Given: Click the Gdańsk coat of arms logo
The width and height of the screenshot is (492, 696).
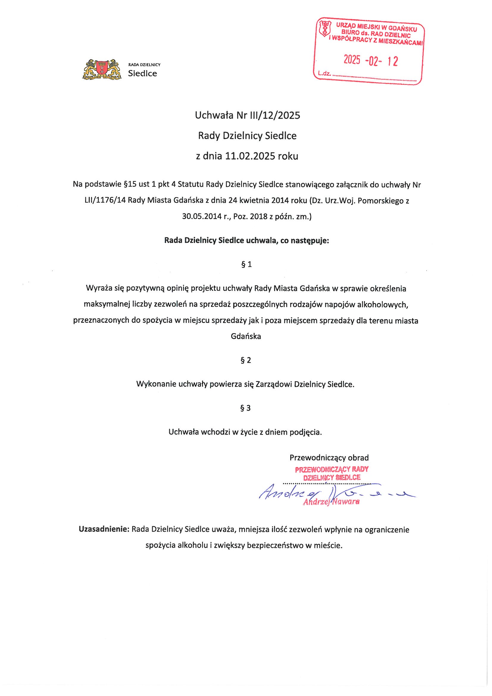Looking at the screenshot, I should click(101, 69).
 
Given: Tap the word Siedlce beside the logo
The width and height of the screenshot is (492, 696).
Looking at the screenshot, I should click(143, 74).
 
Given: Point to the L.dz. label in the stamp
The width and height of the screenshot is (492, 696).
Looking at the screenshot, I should click(325, 73).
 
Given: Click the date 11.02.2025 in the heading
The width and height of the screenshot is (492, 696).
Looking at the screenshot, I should click(250, 156).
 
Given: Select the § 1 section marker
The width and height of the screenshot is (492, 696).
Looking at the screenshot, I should click(246, 264).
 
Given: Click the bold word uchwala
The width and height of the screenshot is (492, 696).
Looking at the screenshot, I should click(260, 241).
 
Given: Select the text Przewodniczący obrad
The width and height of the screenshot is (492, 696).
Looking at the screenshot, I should click(329, 458).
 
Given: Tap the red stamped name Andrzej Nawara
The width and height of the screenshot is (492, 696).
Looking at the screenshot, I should click(331, 502).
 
